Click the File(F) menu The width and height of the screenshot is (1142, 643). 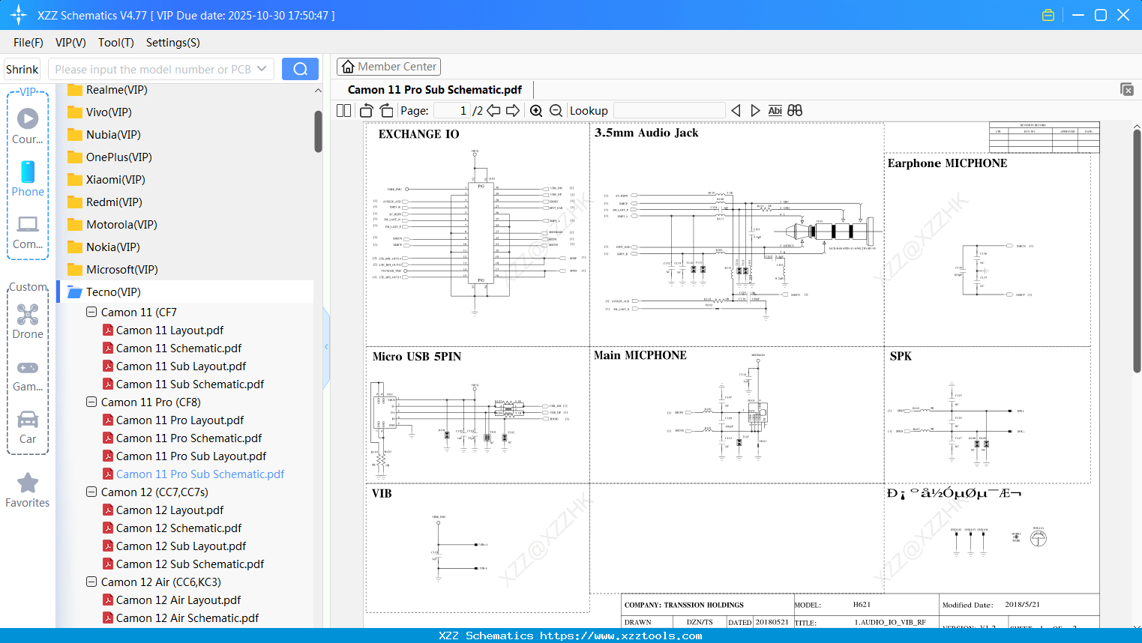pos(28,43)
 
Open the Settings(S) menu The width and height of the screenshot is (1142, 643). pos(172,43)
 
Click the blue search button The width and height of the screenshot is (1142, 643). pos(300,69)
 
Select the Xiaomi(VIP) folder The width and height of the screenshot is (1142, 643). pos(115,180)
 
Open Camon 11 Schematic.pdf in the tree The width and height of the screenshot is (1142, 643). pos(178,348)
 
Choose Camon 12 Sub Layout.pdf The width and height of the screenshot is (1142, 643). pos(181,546)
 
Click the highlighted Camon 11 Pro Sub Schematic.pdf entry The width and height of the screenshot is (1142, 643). pos(199,474)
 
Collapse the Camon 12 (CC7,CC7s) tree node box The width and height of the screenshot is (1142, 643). pos(91,492)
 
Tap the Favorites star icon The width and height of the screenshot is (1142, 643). pos(28,483)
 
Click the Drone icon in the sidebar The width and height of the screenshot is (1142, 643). pos(28,315)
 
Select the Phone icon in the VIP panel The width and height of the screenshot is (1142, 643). pos(28,172)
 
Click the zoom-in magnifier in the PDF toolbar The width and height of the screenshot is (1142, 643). pos(536,111)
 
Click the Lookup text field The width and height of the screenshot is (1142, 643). pos(669,111)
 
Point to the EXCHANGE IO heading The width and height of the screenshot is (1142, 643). pos(418,134)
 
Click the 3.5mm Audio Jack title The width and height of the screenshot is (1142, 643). pos(646,133)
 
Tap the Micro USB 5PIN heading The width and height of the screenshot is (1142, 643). pos(417,357)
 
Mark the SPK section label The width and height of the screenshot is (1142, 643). pos(901,357)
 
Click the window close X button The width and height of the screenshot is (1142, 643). pos(1123,15)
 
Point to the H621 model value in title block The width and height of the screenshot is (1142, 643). pos(862,605)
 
